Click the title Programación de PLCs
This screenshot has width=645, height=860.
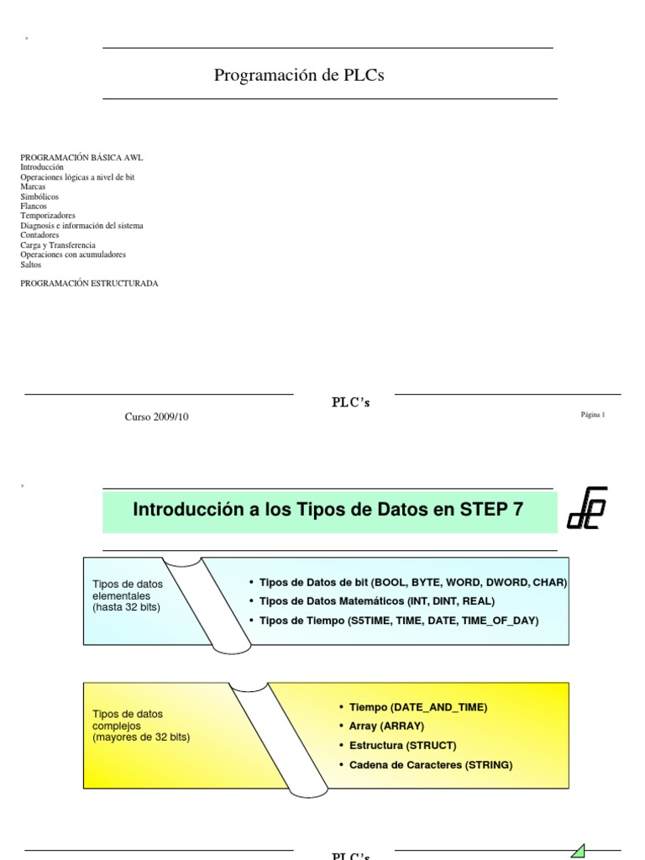299,76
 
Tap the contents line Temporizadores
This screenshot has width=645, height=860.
48,216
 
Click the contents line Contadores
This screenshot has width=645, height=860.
39,235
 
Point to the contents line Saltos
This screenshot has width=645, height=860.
31,265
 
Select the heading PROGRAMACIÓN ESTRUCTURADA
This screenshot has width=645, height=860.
89,284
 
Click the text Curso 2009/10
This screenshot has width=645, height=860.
157,417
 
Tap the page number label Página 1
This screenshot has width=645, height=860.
592,415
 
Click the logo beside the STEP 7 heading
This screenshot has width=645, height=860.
587,507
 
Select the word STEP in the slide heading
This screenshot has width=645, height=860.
478,509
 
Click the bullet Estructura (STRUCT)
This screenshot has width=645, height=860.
391,745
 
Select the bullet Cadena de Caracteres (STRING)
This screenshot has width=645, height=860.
425,765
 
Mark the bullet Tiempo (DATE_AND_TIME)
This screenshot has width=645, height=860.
412,707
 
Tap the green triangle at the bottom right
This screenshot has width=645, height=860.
577,850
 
